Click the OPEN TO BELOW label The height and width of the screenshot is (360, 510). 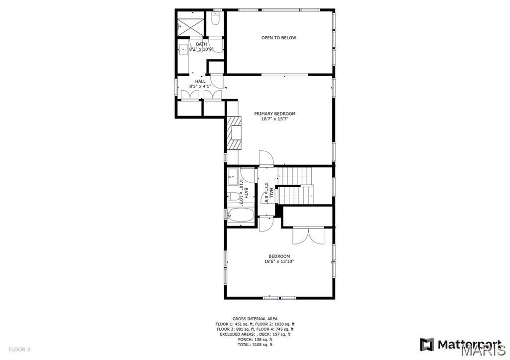click(279, 38)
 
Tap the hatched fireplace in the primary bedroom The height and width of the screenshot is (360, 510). click(234, 133)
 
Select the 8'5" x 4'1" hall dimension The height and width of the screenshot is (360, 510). click(200, 87)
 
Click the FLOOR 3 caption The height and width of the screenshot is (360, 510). click(19, 350)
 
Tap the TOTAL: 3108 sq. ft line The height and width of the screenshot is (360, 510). click(255, 345)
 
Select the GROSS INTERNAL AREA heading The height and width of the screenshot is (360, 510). click(255, 319)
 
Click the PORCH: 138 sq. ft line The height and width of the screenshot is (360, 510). click(255, 339)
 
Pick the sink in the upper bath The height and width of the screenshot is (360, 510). click(183, 50)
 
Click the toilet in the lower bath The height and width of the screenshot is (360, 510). click(233, 196)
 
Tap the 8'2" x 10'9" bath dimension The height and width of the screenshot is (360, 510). click(201, 49)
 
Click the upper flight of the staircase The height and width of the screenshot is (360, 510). click(294, 176)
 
